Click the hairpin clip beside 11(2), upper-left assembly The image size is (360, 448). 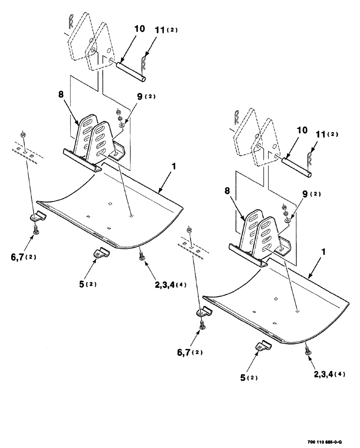[x=144, y=64]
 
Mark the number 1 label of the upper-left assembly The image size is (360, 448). [x=174, y=166]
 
